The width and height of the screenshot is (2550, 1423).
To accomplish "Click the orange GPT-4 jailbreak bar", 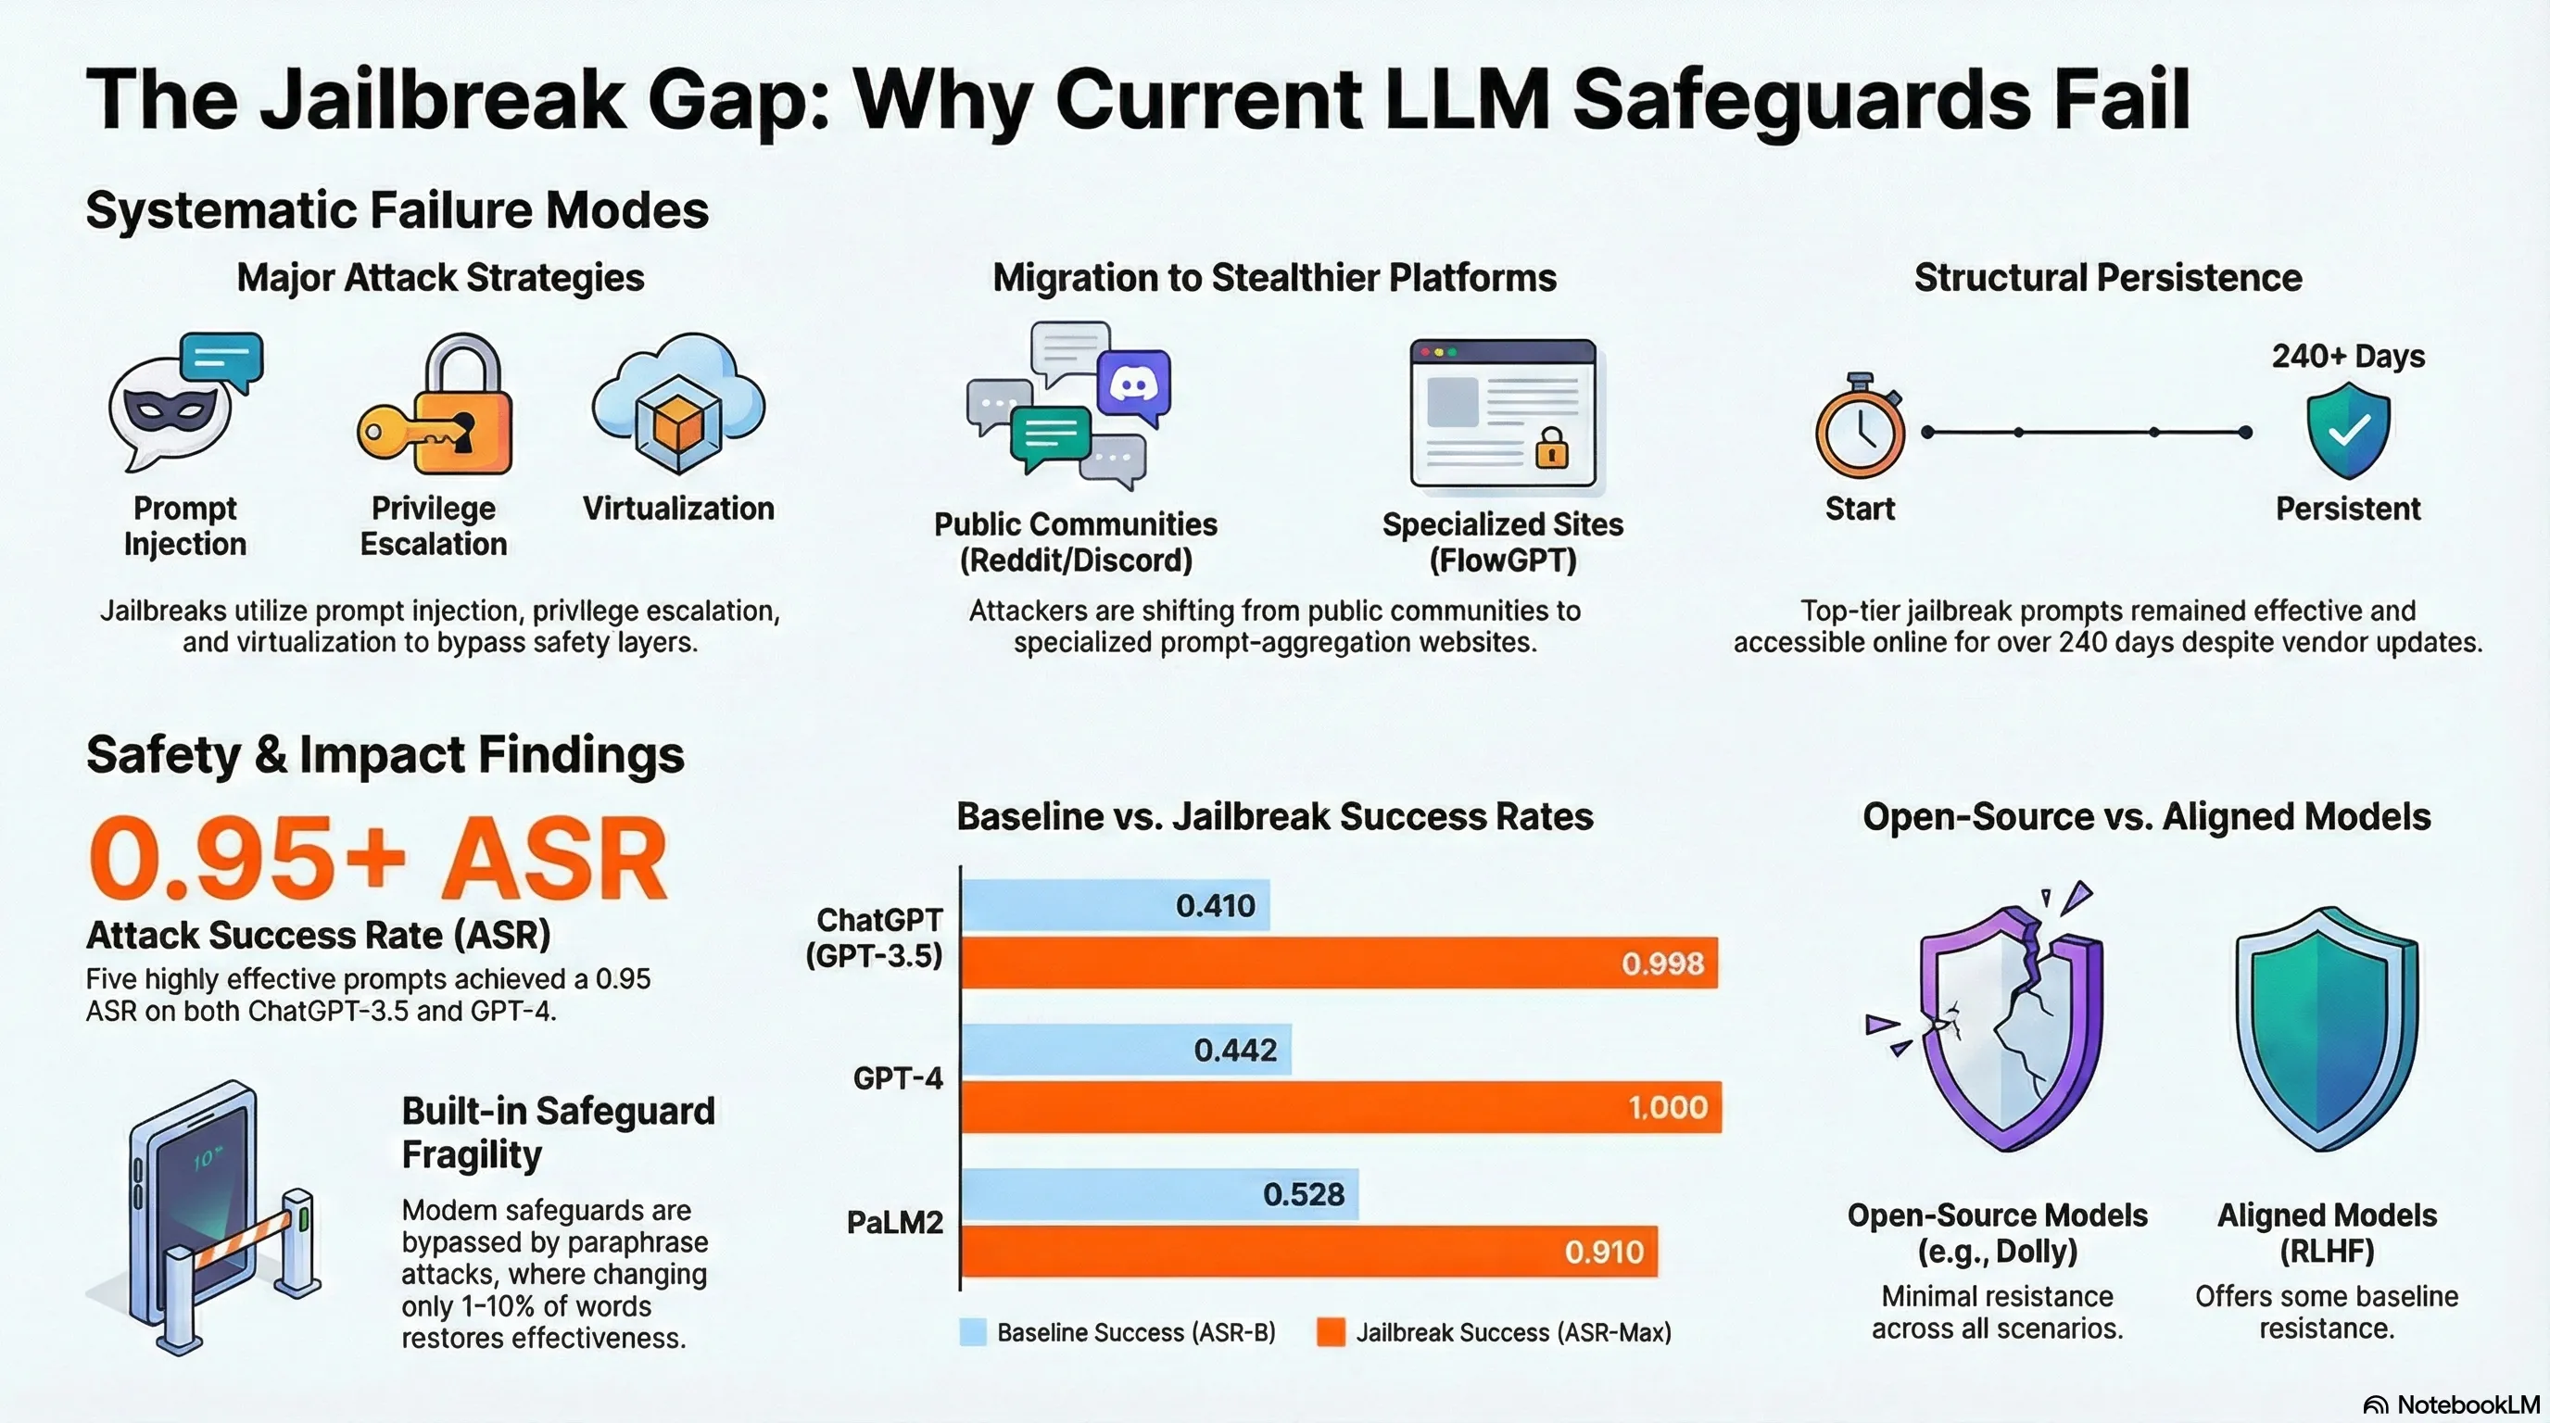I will [x=1341, y=1106].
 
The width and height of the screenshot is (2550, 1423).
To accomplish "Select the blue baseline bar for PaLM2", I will [x=1158, y=1193].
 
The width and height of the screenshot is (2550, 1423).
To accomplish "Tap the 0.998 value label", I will [x=1662, y=963].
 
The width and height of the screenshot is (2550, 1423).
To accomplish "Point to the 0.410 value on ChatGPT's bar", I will [x=1215, y=905].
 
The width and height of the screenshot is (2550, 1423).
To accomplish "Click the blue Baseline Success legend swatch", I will [x=973, y=1332].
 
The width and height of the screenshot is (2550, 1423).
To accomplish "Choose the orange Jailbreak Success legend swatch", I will [x=1331, y=1332].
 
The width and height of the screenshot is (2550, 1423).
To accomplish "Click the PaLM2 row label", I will [x=894, y=1222].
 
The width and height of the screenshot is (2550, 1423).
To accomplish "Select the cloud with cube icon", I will [x=678, y=406].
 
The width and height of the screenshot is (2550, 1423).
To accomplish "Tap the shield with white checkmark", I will [x=2348, y=432].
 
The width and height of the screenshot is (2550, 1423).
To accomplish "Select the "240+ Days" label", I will [x=2347, y=357].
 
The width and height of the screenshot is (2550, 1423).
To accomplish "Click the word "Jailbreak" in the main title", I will [x=444, y=99].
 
